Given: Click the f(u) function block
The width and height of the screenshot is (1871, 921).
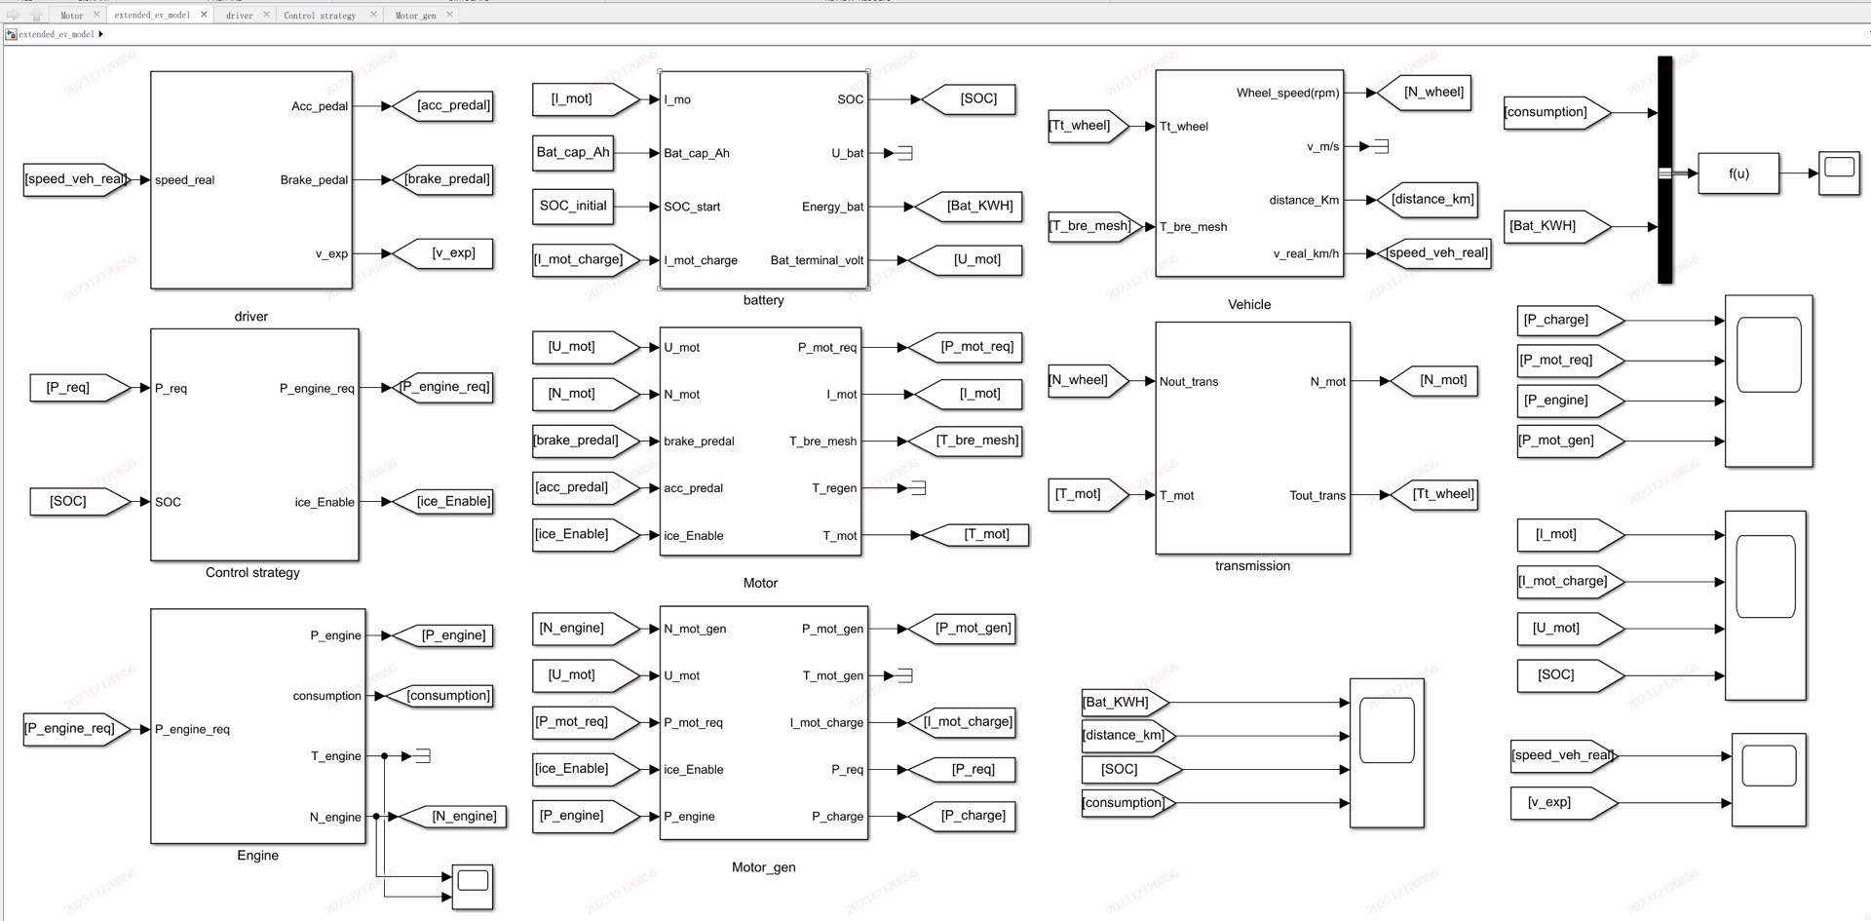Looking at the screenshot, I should point(1737,173).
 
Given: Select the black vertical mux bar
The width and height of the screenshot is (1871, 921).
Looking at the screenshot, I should point(1664,170).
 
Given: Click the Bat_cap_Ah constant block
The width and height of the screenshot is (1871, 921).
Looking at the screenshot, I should point(573,152).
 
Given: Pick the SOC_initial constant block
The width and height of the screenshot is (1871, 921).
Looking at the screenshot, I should point(573,206).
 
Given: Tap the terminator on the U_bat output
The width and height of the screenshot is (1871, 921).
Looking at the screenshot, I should point(905,153).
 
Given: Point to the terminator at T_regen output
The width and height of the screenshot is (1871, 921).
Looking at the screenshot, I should point(918,487).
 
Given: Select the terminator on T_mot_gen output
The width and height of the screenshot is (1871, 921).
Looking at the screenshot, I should point(905,675).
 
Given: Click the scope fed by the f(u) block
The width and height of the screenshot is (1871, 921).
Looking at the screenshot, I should point(1839,173).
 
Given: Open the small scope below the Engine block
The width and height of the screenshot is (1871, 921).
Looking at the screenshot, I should point(473,886).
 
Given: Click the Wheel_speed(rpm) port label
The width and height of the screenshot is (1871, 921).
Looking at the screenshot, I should point(1287,93).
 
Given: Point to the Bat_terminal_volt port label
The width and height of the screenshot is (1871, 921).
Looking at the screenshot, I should point(817,260).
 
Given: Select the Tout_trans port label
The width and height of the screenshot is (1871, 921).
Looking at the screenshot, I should point(1317,495).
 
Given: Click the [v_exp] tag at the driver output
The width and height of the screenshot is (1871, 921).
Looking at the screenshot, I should point(452,253).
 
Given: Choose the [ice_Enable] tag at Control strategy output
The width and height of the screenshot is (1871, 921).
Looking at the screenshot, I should point(452,501).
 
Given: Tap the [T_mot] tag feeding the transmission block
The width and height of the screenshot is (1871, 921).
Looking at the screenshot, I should point(1079,494).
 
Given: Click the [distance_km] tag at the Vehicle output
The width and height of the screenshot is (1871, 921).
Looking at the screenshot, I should point(1432,200).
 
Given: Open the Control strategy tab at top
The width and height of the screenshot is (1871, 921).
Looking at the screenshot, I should point(320,15).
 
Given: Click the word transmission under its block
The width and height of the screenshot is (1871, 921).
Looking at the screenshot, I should point(1252,565).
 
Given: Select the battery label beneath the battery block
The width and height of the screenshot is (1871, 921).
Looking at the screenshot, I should point(763,300).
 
